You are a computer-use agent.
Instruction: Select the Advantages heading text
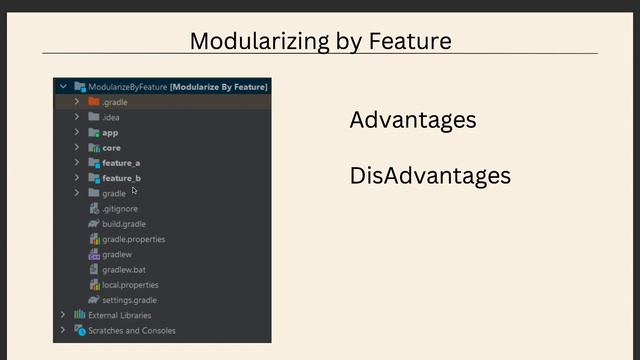click(x=412, y=120)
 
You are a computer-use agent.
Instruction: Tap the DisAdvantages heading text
click(x=430, y=176)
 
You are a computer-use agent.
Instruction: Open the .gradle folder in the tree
click(x=114, y=102)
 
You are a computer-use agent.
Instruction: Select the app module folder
click(x=110, y=132)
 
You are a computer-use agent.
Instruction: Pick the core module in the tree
click(x=111, y=147)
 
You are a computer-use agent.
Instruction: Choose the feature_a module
click(x=120, y=162)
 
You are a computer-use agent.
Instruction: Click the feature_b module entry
click(x=120, y=178)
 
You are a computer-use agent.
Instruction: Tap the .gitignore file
click(x=120, y=209)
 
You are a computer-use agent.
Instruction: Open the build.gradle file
click(x=123, y=224)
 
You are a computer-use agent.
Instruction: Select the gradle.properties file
click(x=133, y=239)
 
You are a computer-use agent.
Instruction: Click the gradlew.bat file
click(x=123, y=270)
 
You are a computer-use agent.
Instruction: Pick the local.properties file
click(x=130, y=285)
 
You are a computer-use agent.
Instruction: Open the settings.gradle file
click(x=129, y=300)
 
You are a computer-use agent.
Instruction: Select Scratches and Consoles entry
click(x=131, y=330)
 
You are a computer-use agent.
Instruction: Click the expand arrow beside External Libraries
click(x=63, y=315)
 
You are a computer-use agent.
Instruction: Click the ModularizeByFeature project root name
click(x=128, y=87)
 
